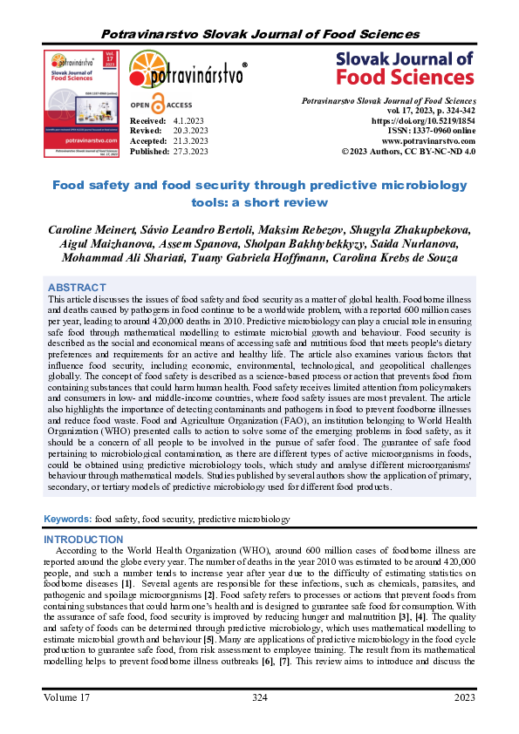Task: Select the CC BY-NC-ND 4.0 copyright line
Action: [408, 151]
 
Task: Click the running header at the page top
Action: [259, 34]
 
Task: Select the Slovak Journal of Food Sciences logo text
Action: [404, 69]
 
